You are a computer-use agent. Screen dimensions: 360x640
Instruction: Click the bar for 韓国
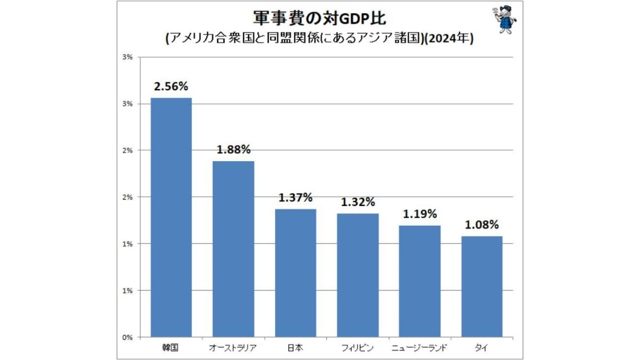[171, 218]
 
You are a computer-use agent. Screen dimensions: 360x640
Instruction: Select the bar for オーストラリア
[233, 249]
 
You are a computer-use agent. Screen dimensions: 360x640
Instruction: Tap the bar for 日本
[295, 273]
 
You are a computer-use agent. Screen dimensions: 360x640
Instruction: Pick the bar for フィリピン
[358, 275]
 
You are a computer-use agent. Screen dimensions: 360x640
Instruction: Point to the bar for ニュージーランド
[420, 281]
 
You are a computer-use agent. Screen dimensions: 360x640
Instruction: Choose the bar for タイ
[482, 286]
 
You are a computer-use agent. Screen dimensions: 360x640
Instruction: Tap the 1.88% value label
[233, 150]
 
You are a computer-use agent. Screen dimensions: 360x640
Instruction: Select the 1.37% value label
[295, 198]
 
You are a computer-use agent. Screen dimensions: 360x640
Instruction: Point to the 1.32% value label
[358, 202]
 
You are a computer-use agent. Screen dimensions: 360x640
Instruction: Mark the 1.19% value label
[420, 214]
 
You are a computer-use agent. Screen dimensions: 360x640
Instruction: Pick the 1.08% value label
[482, 225]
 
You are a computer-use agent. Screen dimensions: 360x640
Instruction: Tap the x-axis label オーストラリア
[233, 348]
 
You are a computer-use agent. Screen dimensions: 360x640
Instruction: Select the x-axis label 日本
[295, 348]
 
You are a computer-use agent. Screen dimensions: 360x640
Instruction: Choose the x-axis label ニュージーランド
[420, 348]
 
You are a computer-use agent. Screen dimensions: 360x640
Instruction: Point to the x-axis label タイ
[482, 348]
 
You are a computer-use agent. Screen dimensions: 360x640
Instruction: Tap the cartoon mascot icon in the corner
[503, 20]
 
